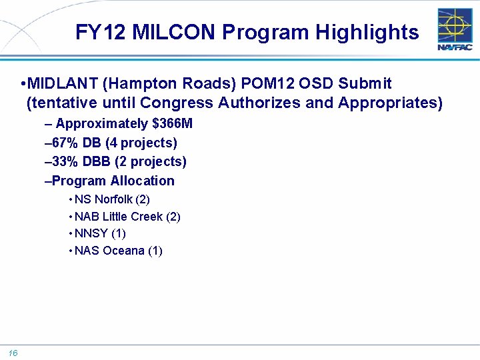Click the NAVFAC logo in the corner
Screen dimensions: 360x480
pos(455,29)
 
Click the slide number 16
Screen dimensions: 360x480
pos(13,353)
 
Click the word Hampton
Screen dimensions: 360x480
pos(139,84)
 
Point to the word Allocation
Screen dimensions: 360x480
pos(142,181)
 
